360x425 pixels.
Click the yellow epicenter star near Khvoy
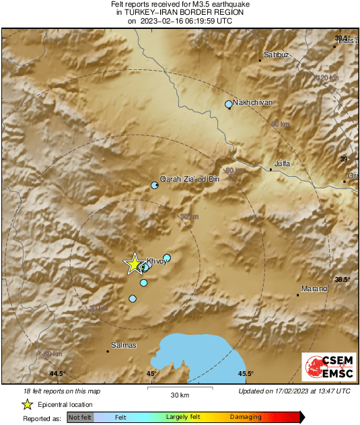click(134, 264)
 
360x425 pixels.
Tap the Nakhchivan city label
click(254, 102)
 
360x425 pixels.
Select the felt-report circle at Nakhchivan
click(229, 104)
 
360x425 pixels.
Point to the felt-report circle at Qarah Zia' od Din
click(155, 185)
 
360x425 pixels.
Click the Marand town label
click(314, 288)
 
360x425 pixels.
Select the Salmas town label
click(123, 345)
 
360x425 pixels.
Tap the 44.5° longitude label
click(57, 373)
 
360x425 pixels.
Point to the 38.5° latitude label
click(343, 279)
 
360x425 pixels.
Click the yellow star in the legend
click(27, 404)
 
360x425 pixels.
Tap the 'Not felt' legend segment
click(80, 418)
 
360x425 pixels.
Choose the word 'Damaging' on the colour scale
click(246, 418)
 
